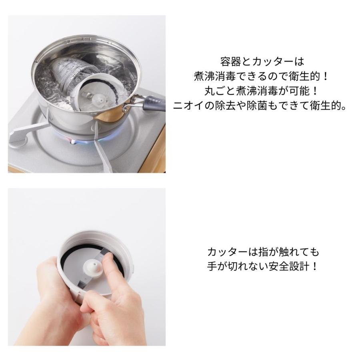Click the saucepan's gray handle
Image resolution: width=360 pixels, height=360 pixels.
click(154, 103)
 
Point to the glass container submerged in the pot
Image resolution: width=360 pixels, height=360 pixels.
click(69, 76)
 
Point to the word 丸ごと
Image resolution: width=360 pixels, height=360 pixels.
click(220, 91)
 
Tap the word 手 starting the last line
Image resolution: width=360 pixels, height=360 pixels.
click(212, 266)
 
